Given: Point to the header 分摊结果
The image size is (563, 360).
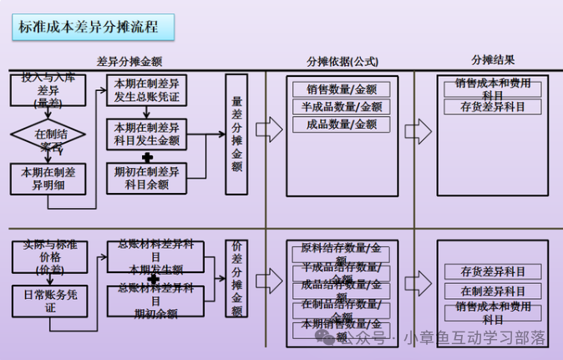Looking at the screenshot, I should pyautogui.click(x=493, y=60).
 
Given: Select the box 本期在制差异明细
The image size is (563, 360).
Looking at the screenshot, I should pyautogui.click(x=48, y=178).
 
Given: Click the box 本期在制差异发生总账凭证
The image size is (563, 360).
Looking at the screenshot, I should pyautogui.click(x=147, y=91).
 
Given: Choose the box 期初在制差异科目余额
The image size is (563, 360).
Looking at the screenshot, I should pyautogui.click(x=147, y=178).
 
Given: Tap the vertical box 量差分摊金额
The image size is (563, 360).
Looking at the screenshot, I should pyautogui.click(x=236, y=134).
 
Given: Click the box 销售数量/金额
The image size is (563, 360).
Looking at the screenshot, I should pyautogui.click(x=342, y=89).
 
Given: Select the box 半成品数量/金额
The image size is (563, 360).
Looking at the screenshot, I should pyautogui.click(x=342, y=107).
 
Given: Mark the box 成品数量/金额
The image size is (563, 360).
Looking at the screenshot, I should pyautogui.click(x=342, y=124).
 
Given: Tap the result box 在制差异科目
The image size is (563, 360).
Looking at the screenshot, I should pyautogui.click(x=493, y=291).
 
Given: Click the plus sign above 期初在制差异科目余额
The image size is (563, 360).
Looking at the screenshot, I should pyautogui.click(x=147, y=157).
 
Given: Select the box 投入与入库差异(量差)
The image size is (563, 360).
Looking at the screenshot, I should pyautogui.click(x=48, y=90).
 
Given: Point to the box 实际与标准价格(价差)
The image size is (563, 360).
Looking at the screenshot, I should pyautogui.click(x=48, y=257).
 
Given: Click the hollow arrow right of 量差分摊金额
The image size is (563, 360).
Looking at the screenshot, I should pyautogui.click(x=269, y=129).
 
